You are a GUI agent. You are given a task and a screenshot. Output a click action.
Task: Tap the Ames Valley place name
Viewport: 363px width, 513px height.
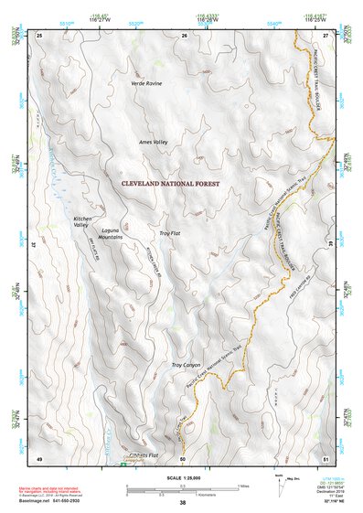pos(154,143)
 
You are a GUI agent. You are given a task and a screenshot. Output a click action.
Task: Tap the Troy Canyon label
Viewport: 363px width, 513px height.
pos(186,365)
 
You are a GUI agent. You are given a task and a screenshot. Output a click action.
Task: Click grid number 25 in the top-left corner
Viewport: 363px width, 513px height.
pos(39,35)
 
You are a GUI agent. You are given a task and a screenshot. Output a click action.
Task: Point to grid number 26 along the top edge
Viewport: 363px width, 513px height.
pos(184,35)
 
